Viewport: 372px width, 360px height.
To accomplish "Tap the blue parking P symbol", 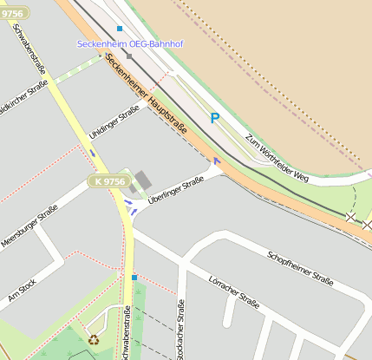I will tap(214, 118).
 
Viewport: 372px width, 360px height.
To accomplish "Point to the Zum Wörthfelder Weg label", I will tap(277, 157).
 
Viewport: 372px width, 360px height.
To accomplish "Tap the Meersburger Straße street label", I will tap(29, 227).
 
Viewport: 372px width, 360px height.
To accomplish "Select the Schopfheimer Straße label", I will tap(300, 268).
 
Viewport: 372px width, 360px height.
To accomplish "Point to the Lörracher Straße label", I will tap(234, 292).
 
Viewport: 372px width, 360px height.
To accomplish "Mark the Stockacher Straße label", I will tap(181, 330).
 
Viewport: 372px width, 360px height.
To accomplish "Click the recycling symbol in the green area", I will tap(93, 340).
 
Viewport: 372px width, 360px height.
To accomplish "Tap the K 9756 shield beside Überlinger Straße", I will tap(107, 182).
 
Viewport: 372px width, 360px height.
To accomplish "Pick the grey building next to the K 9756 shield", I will tap(141, 181).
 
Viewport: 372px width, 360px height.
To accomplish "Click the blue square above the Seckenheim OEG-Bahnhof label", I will tap(120, 29).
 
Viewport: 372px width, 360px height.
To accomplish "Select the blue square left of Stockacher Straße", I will tap(134, 278).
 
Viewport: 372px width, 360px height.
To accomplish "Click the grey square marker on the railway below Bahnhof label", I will tap(129, 56).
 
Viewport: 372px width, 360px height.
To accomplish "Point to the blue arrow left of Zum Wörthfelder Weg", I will tap(216, 160).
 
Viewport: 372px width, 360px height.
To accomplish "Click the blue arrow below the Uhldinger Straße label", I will tap(93, 153).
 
